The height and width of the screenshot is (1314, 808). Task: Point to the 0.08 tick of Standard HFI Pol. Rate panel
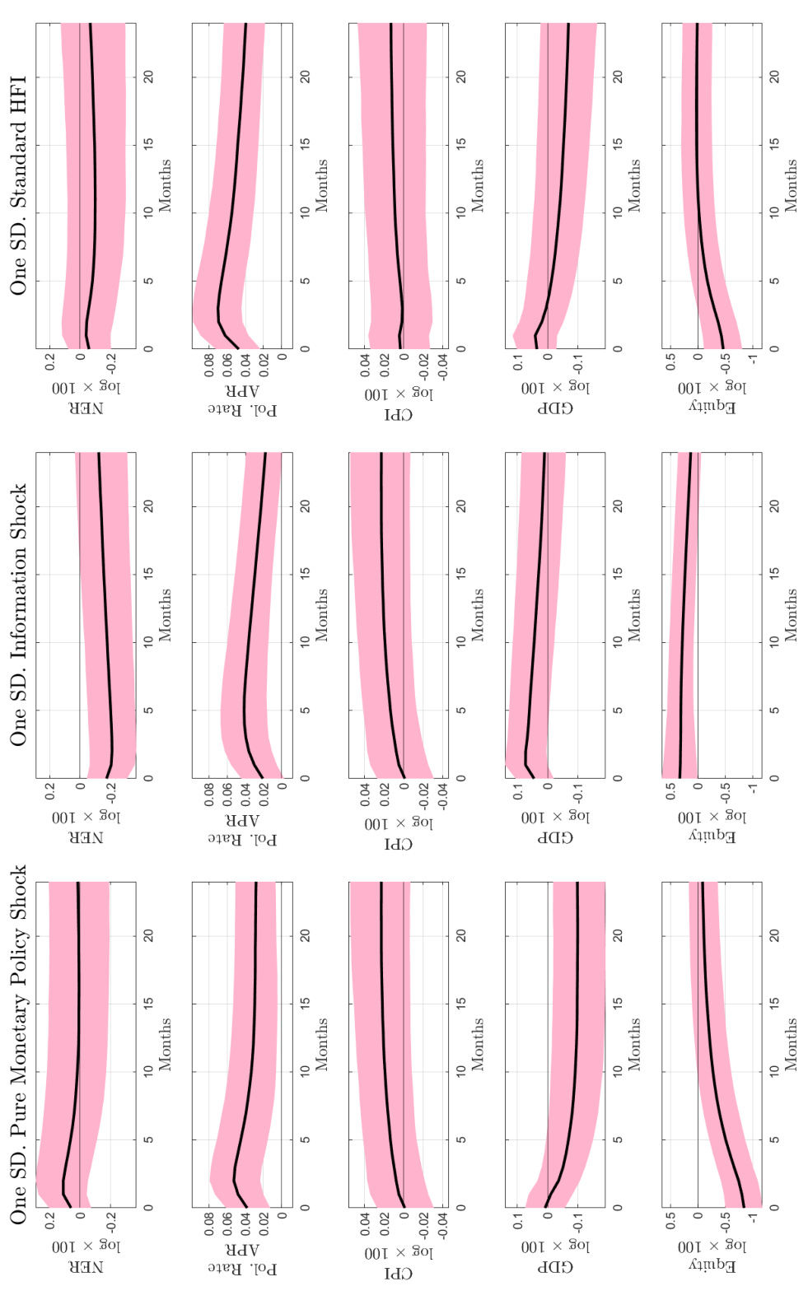pos(209,365)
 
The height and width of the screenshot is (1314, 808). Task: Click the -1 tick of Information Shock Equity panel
pos(752,790)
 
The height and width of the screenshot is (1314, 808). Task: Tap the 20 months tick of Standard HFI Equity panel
pos(774,77)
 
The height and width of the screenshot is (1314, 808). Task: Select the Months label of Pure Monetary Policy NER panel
pos(165,1044)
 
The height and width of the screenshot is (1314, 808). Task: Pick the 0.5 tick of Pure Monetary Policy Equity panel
pos(670,1221)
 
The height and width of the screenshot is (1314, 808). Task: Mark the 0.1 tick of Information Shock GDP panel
pos(518,792)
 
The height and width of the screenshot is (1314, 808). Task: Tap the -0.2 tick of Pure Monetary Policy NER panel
pos(110,1222)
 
